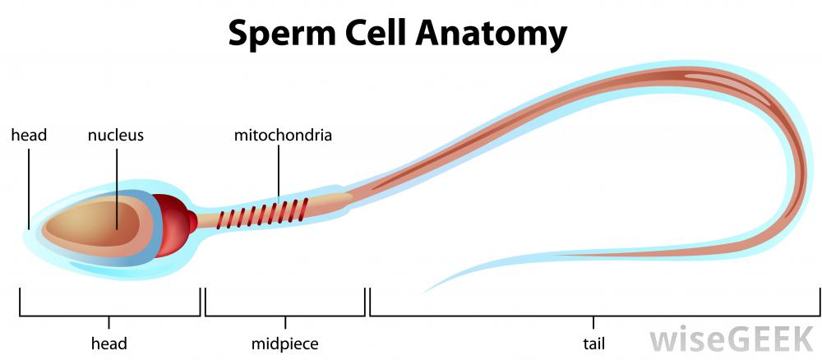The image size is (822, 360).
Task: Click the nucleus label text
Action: pos(116,135)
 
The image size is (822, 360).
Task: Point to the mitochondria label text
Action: pos(283,135)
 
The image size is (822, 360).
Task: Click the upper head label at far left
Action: pos(29,135)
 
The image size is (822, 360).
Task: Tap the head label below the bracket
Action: pos(109,343)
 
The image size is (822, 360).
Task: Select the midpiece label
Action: pos(285,343)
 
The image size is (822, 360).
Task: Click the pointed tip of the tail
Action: pos(424,292)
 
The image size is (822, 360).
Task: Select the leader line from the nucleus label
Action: pos(116,185)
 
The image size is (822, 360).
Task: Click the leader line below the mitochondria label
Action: pos(279,173)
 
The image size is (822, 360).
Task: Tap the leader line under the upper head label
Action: pos(29,185)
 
